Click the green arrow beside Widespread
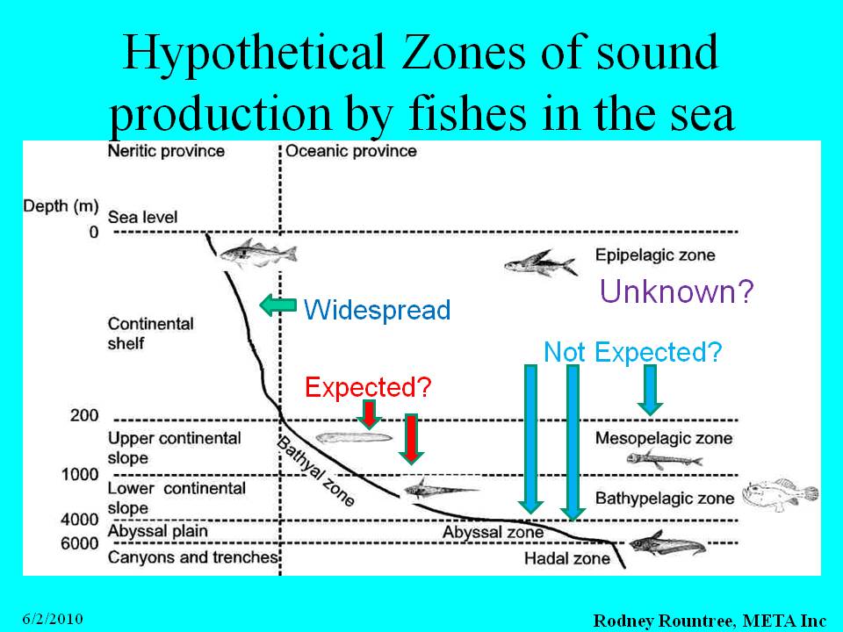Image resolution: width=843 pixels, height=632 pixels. click(x=278, y=305)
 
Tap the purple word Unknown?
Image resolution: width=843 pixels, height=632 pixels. click(x=676, y=291)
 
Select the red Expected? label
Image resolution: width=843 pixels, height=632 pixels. click(x=368, y=386)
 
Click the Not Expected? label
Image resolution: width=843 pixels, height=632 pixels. click(x=632, y=353)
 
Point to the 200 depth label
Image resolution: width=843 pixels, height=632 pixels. click(x=84, y=415)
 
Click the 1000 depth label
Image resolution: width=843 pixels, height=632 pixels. click(x=80, y=475)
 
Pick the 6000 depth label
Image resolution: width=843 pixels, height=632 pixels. click(x=80, y=543)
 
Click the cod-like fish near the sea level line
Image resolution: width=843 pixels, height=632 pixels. click(x=257, y=253)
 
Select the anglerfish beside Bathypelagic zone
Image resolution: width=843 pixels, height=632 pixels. click(x=781, y=493)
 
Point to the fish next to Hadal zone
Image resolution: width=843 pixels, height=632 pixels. click(x=666, y=543)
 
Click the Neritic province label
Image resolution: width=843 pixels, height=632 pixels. click(x=166, y=151)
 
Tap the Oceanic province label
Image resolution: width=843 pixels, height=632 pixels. click(x=351, y=151)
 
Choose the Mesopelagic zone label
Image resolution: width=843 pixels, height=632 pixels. click(x=664, y=438)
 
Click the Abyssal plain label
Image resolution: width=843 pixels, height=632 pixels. click(x=157, y=531)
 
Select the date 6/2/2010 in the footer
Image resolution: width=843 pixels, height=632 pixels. click(x=53, y=619)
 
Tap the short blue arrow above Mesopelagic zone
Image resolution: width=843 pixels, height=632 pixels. click(x=650, y=390)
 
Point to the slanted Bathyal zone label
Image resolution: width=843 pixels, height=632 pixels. click(x=315, y=471)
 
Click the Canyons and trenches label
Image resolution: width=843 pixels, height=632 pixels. click(x=192, y=557)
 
